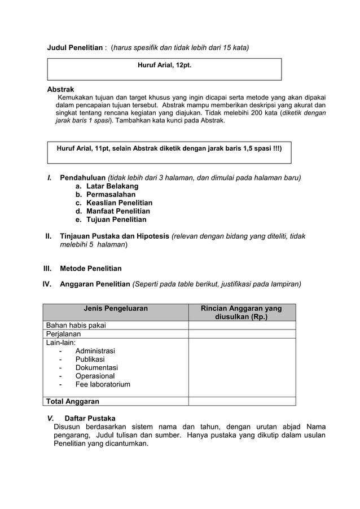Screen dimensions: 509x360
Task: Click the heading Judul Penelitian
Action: [74, 48]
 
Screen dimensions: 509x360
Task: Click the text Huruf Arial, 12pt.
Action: [164, 65]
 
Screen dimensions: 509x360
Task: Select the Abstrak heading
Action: [60, 89]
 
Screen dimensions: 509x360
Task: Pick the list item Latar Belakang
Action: [112, 186]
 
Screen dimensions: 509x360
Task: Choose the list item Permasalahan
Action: [111, 195]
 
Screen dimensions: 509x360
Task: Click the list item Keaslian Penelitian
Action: [119, 203]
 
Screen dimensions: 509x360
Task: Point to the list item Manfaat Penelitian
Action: [118, 211]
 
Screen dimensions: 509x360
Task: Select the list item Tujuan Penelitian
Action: [116, 220]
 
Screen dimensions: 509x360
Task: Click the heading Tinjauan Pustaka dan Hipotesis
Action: [115, 236]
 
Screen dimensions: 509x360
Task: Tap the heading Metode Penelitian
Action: [90, 269]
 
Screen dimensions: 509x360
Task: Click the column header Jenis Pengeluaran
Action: [116, 309]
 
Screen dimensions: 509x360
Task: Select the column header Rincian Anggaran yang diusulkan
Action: [242, 313]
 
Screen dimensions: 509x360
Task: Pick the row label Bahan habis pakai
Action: [76, 325]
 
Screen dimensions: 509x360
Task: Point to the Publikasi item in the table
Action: [90, 359]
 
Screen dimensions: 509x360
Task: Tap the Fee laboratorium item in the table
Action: [102, 384]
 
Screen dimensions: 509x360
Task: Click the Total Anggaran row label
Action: [72, 401]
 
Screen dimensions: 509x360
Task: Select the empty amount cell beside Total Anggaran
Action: [242, 401]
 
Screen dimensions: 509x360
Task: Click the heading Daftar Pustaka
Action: [90, 418]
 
